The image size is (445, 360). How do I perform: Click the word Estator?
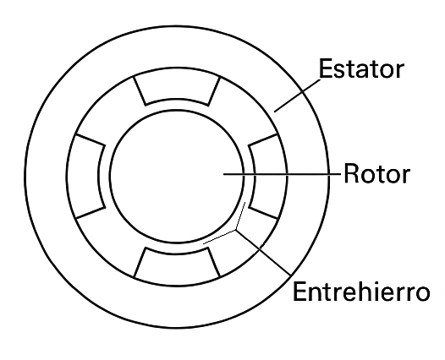[x=361, y=68]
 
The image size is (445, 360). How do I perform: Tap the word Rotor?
[x=376, y=173]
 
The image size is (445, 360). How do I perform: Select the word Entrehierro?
[x=361, y=292]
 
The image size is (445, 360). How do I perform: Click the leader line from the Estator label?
[x=297, y=95]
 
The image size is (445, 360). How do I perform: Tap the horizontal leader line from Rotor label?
[x=282, y=174]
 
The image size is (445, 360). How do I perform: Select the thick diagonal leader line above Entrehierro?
[x=263, y=253]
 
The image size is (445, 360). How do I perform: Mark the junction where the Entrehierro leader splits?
[x=235, y=230]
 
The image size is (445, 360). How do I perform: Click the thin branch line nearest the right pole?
[x=240, y=215]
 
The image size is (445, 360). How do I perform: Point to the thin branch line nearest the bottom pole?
[x=219, y=237]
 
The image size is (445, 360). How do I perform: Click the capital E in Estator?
[x=326, y=68]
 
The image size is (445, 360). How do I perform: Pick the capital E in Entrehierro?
[x=299, y=292]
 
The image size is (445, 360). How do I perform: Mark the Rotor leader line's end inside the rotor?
[x=223, y=174]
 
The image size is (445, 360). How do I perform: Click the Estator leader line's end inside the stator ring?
[x=274, y=112]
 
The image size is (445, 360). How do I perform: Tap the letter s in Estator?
[x=339, y=71]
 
